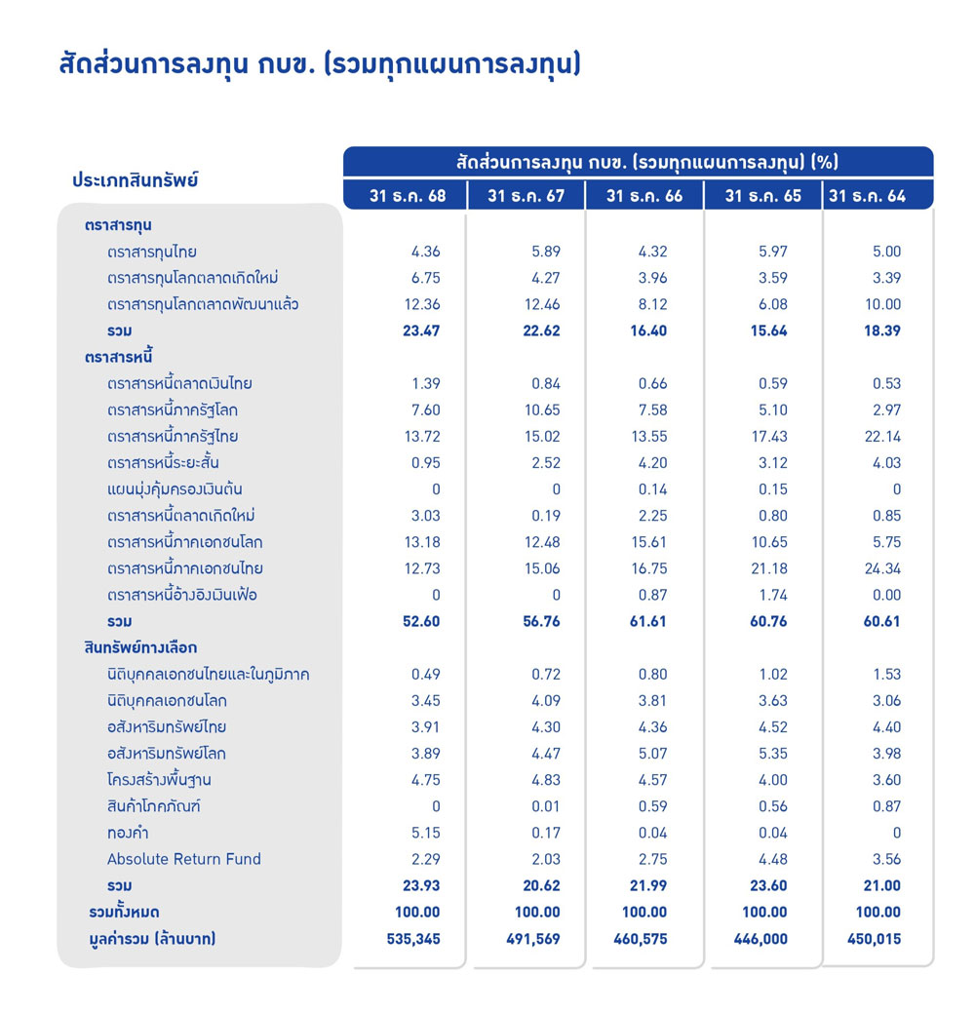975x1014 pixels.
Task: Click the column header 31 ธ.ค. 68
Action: click(x=408, y=196)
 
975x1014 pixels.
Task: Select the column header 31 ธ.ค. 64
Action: click(x=867, y=196)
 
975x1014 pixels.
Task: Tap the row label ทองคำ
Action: click(x=128, y=833)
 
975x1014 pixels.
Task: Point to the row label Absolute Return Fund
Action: click(x=184, y=859)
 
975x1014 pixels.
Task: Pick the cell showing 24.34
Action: click(x=882, y=568)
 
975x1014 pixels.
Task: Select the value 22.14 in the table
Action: click(x=882, y=436)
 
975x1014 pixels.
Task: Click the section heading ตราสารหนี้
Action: click(x=119, y=357)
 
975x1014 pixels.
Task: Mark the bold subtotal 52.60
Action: click(x=421, y=621)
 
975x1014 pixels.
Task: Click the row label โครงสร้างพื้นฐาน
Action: click(x=159, y=780)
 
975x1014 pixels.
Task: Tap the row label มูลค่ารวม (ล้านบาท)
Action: click(x=151, y=939)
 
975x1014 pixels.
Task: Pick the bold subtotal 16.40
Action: click(x=647, y=331)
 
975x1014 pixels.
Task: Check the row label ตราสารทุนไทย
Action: click(x=152, y=252)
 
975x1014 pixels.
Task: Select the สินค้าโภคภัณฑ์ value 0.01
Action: click(x=547, y=806)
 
